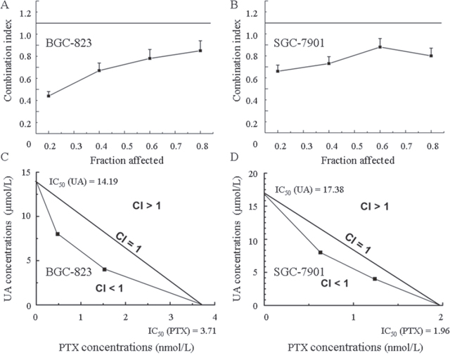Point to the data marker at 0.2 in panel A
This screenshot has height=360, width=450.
point(49,95)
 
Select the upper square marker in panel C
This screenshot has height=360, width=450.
point(58,234)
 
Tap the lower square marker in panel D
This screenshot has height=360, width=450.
point(375,279)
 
